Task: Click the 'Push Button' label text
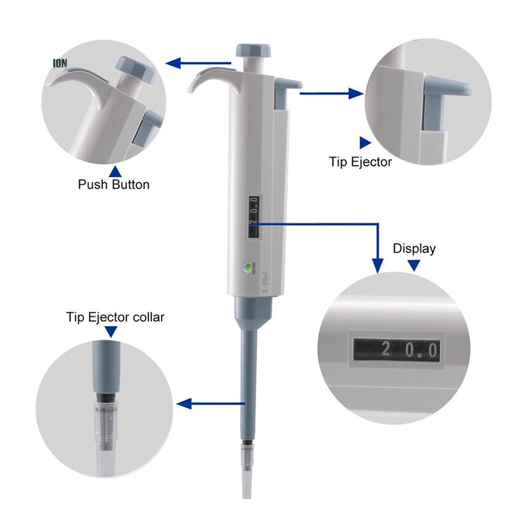pos(113,185)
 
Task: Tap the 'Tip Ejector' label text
pos(360,162)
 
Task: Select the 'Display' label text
pos(414,248)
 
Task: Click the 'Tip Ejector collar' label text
pos(115,317)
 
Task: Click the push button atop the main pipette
pos(253,51)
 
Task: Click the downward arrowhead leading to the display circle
pos(377,265)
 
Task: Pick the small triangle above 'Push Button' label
pos(115,170)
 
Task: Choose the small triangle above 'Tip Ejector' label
pos(365,142)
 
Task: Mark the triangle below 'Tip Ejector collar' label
pos(113,332)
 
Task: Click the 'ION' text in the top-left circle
pos(60,63)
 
